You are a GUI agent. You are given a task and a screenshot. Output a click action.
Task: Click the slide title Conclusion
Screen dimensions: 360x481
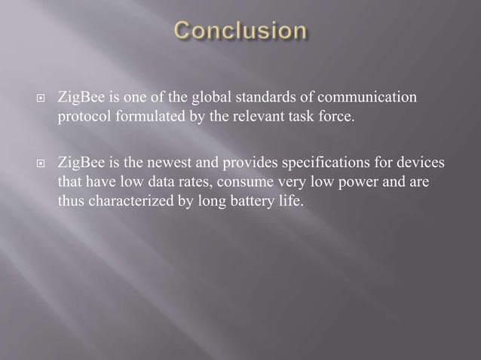click(240, 32)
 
